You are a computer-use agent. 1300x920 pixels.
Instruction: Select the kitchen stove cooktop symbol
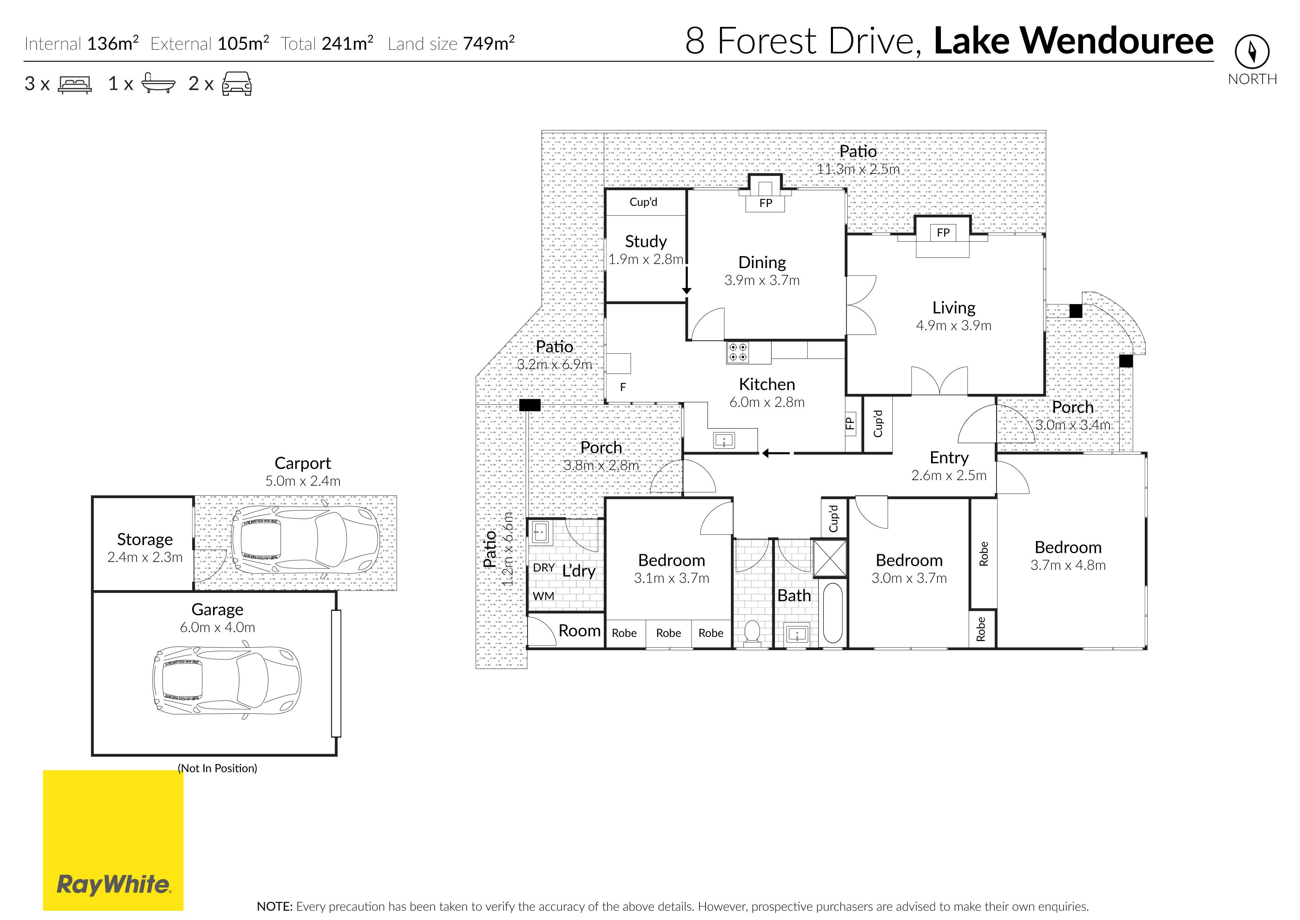(738, 352)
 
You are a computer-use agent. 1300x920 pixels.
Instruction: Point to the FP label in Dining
(765, 203)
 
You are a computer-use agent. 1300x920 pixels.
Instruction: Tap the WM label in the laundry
(543, 596)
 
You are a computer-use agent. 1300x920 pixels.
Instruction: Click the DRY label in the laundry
(543, 568)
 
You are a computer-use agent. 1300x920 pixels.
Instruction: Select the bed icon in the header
(75, 84)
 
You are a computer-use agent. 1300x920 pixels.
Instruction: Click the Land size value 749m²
(488, 44)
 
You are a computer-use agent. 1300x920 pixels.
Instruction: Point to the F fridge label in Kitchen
(623, 387)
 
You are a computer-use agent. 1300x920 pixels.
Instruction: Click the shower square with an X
(830, 558)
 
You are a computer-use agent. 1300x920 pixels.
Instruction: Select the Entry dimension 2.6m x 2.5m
(949, 476)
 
